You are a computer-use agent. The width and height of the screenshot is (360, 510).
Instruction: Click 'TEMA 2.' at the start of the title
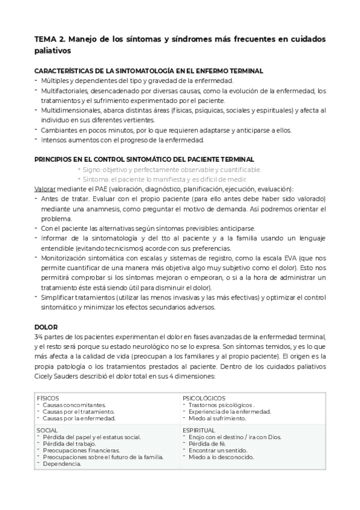50,39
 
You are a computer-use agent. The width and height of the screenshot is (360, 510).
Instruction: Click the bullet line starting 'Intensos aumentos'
123,140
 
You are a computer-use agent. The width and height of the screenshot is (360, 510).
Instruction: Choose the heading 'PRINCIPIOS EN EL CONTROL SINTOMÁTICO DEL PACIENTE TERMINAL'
144,159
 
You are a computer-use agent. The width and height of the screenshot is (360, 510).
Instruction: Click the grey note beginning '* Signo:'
169,170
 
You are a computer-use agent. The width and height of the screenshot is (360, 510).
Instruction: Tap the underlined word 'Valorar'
46,189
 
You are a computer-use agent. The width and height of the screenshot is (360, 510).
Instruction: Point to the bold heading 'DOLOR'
46,327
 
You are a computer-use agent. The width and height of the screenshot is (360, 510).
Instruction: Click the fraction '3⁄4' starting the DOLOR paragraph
38,336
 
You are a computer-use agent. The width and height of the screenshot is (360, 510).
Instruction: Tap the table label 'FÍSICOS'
49,398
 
